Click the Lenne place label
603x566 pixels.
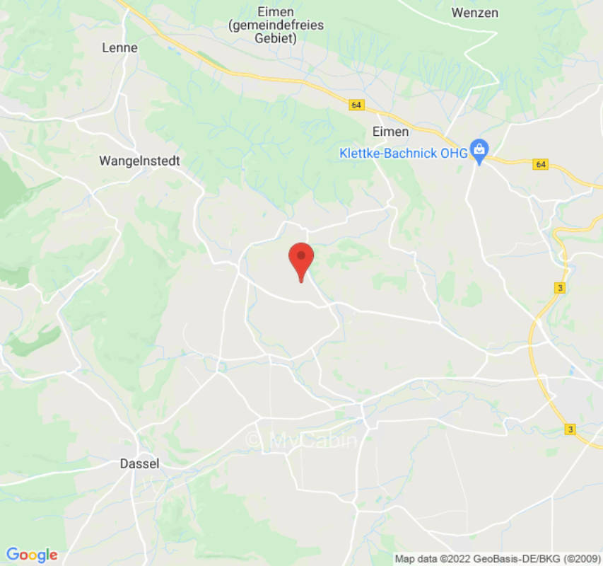[x=120, y=48]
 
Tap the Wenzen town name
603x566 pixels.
[x=474, y=13]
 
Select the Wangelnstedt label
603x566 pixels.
[x=139, y=161]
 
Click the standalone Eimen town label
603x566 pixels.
[x=390, y=132]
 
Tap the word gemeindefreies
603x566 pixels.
[x=276, y=25]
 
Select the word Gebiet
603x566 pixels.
[x=276, y=38]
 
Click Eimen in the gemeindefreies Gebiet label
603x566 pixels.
[x=276, y=12]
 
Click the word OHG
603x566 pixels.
[x=456, y=154]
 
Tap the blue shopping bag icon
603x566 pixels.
[x=479, y=149]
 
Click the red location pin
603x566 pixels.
[x=302, y=260]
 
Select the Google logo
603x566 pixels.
[x=31, y=555]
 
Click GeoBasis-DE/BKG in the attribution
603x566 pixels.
[x=508, y=559]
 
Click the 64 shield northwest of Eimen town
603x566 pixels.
[x=356, y=105]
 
